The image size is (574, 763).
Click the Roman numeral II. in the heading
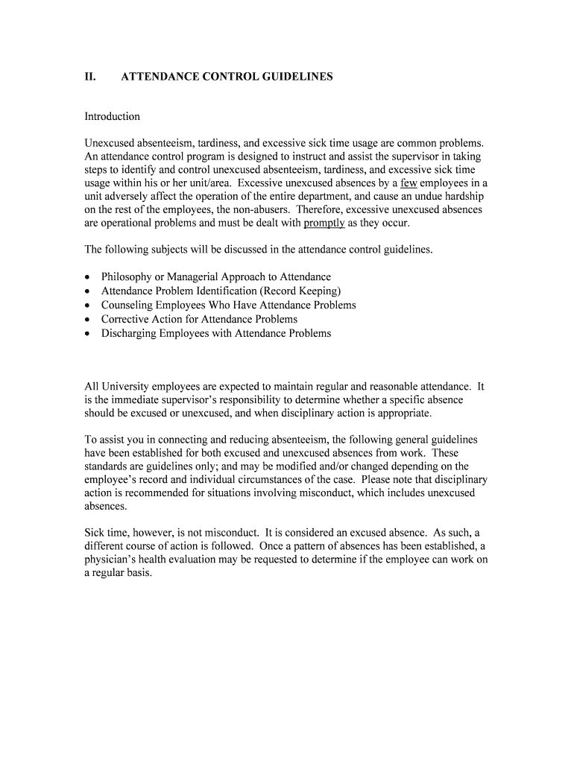[90, 76]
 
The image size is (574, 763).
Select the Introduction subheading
[112, 116]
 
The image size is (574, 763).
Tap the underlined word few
[408, 183]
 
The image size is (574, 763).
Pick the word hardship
[462, 196]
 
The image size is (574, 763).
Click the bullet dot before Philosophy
[87, 277]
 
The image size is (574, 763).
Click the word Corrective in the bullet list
[125, 319]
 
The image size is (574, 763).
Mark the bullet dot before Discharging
[87, 333]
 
